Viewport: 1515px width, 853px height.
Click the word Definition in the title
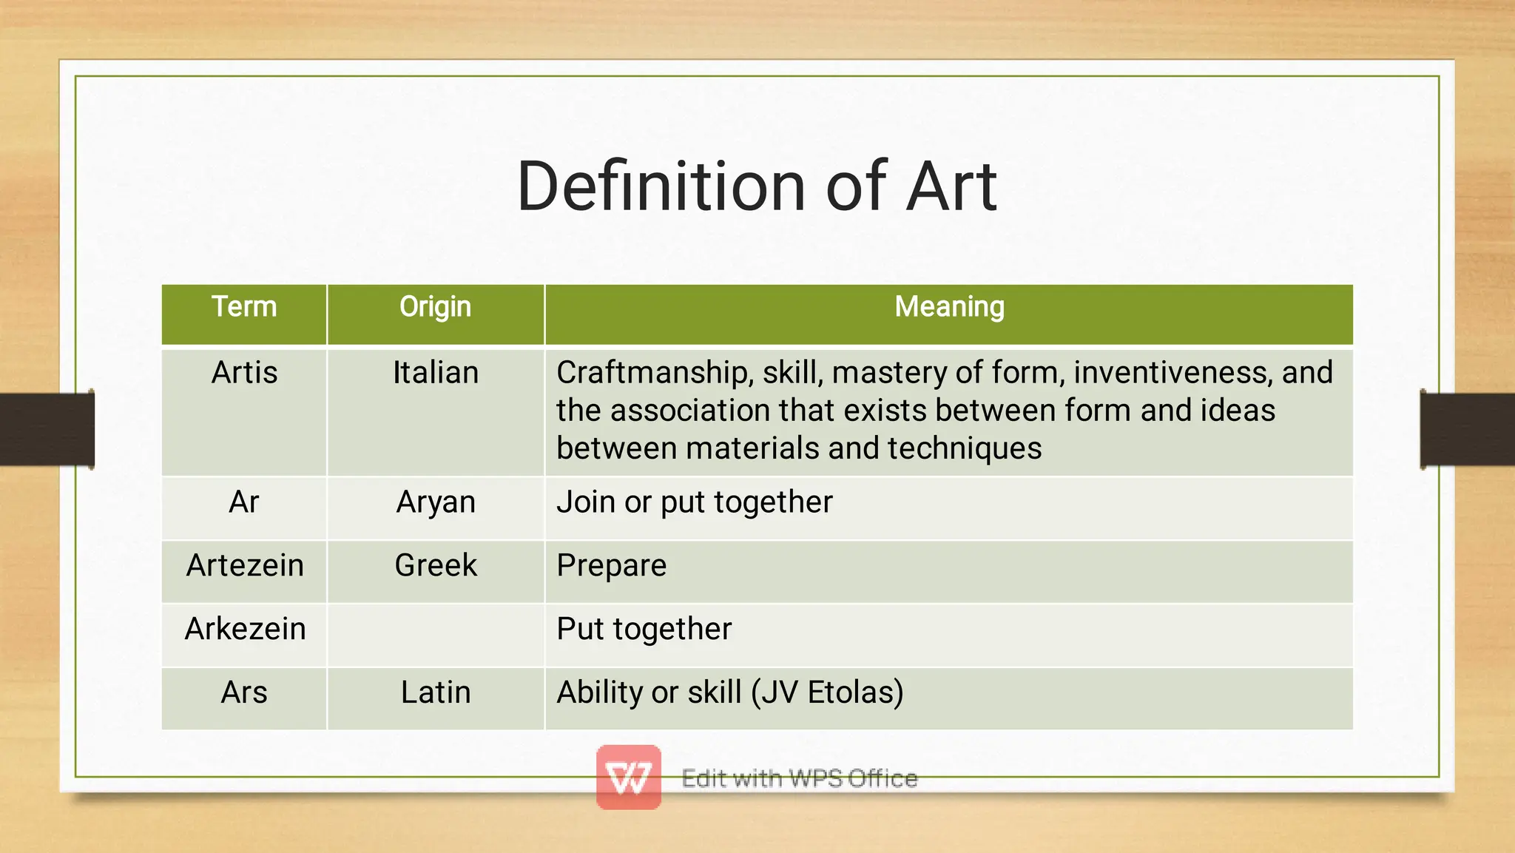660,186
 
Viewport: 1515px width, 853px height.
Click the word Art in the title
951,186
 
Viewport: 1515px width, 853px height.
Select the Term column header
244,307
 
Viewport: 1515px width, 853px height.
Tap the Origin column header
435,307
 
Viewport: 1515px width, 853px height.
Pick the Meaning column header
949,307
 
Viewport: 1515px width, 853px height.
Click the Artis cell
244,372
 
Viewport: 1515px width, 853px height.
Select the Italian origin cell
435,372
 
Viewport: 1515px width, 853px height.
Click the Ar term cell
244,502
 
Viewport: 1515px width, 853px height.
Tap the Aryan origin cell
435,502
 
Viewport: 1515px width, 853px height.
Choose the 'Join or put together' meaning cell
694,502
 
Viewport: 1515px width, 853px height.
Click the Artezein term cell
244,566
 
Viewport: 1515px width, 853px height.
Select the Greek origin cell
435,566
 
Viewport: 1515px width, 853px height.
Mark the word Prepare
611,566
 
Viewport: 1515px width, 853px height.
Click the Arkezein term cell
244,630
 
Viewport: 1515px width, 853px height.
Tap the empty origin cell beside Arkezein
435,635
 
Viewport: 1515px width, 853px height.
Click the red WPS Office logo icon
628,777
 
